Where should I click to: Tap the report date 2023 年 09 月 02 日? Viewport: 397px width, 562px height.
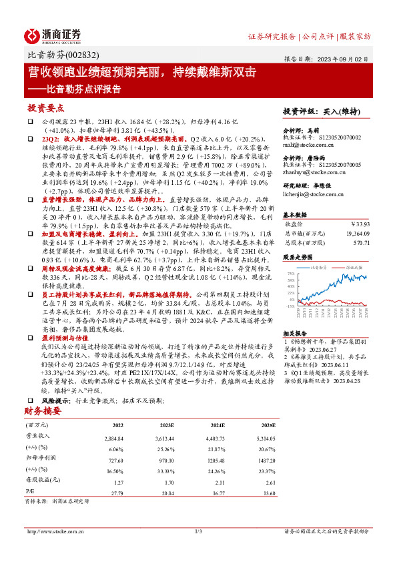(340, 58)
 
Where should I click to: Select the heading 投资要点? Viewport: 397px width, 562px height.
(45, 108)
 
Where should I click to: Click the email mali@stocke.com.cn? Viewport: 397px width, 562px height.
(309, 144)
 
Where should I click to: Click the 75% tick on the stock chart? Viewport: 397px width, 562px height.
(290, 274)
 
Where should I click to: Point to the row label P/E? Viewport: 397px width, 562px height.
(30, 493)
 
